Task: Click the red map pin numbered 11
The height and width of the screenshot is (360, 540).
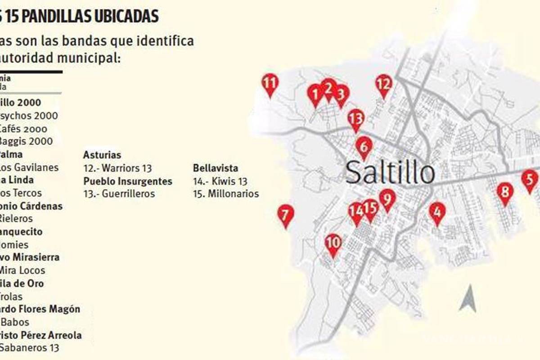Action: click(270, 84)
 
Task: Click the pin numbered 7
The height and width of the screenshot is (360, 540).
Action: click(285, 215)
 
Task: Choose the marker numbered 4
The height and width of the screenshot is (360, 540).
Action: click(437, 212)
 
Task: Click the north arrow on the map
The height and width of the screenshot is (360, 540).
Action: click(468, 299)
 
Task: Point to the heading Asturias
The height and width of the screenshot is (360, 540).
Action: click(102, 155)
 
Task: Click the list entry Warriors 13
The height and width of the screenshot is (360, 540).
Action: click(118, 169)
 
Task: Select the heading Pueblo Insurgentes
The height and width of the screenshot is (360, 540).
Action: click(128, 181)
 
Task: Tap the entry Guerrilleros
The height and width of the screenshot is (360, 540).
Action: click(119, 194)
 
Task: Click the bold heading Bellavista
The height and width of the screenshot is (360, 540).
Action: click(216, 169)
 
